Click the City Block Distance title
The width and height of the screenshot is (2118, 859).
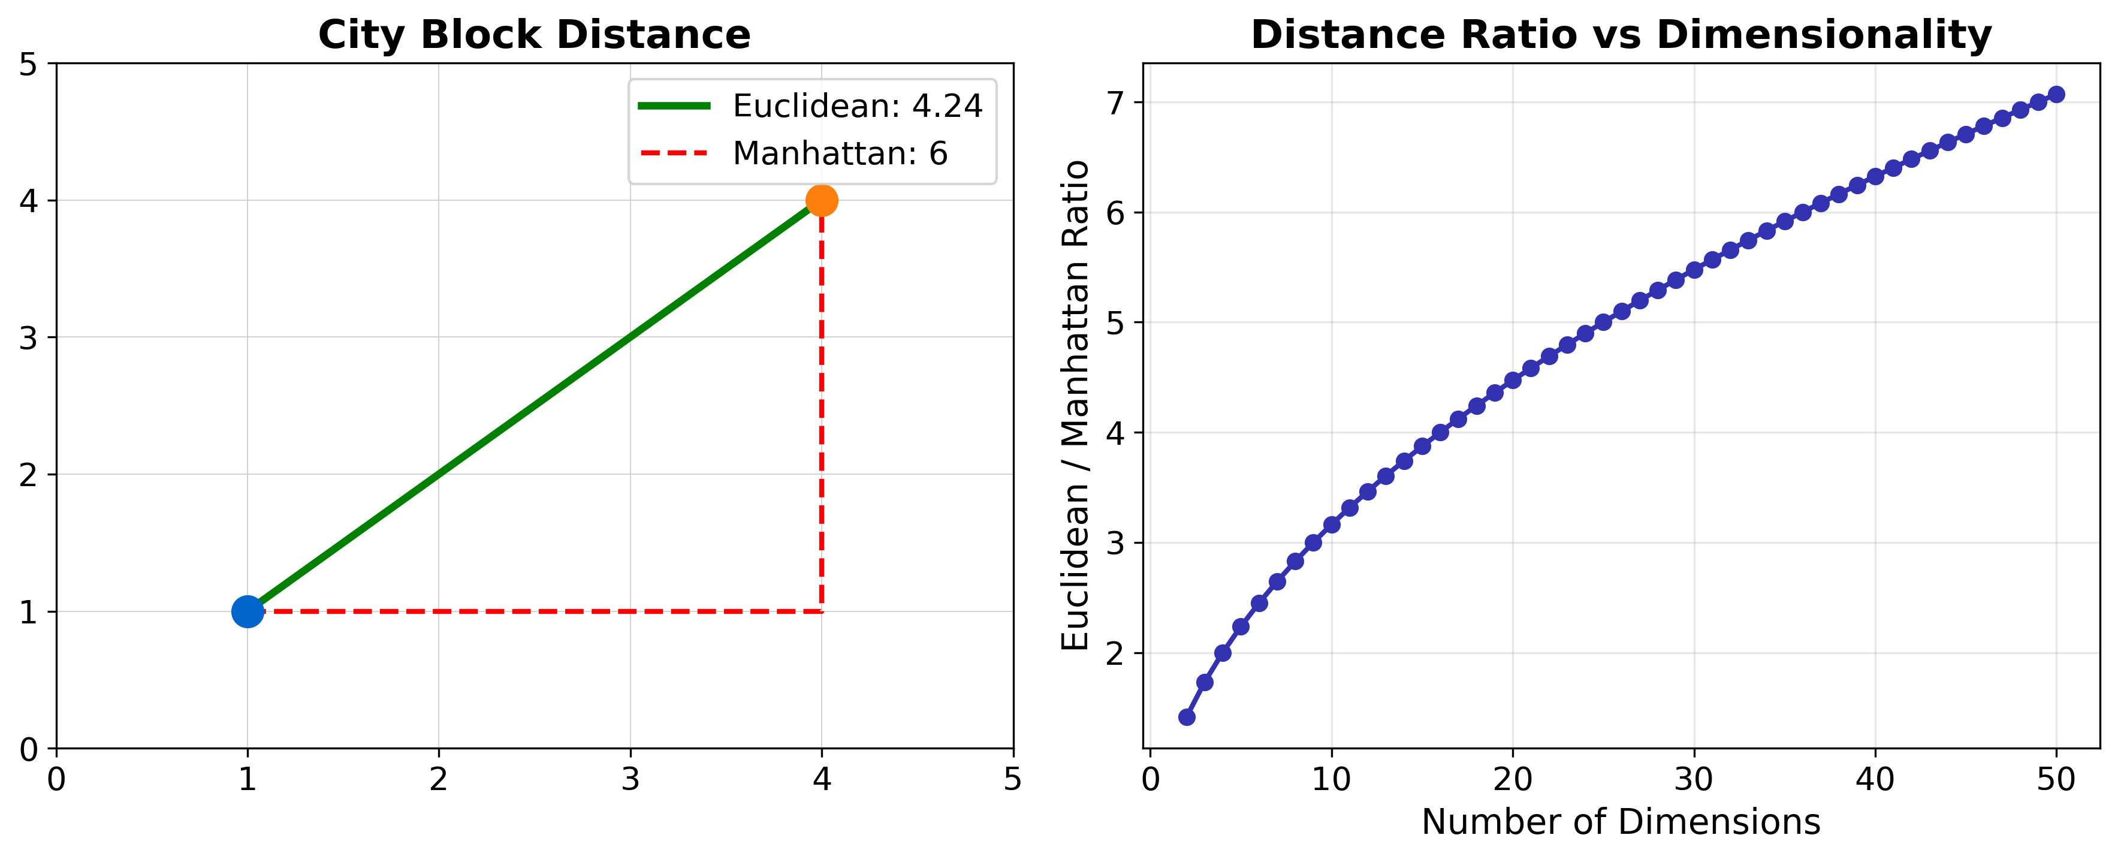(x=535, y=35)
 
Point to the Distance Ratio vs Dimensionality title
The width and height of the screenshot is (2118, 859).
(x=1621, y=35)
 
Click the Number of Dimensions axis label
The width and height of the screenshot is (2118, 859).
(x=1621, y=822)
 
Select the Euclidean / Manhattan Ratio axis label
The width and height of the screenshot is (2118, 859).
(x=1075, y=405)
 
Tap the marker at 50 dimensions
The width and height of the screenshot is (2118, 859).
(x=2056, y=95)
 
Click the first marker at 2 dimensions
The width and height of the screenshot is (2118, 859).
(x=1187, y=718)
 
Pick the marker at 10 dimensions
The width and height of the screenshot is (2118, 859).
(x=1332, y=525)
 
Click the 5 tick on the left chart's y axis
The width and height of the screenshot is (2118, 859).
(x=29, y=64)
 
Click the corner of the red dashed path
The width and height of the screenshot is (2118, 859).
(x=822, y=611)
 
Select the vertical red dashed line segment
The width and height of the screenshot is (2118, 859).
(x=822, y=411)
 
